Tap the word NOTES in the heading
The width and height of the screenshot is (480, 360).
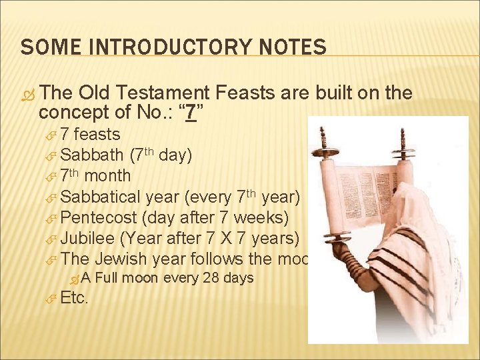point(291,47)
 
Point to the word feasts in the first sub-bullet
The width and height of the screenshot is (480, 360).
point(97,135)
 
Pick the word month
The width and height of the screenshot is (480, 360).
point(107,176)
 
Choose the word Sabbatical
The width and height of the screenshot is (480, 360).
point(100,197)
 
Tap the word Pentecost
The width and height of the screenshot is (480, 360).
point(97,217)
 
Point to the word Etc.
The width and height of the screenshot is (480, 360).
point(74,299)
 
